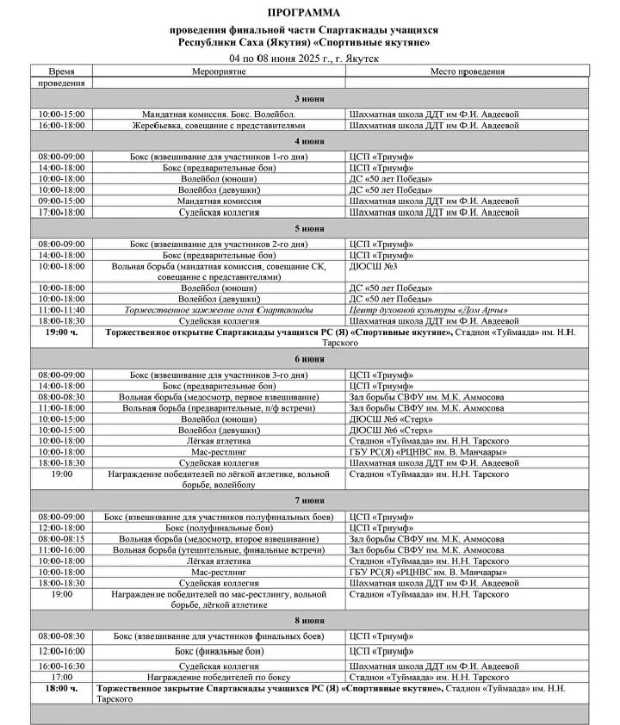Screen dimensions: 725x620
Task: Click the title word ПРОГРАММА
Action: coord(303,13)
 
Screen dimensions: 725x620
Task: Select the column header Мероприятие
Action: coord(219,71)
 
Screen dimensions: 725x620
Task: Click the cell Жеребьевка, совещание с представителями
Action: coord(219,125)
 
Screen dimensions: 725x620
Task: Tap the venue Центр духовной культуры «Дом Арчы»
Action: coord(428,310)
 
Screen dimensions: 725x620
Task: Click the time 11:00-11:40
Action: coord(61,310)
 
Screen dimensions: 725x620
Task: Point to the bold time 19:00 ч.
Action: coord(61,332)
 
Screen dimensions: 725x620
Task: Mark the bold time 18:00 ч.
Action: coord(61,689)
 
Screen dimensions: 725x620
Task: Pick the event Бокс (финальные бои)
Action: coord(219,651)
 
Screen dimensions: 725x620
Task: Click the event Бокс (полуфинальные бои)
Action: coord(219,527)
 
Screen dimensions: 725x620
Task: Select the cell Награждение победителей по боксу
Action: coord(219,677)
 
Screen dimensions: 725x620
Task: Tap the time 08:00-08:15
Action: coord(61,538)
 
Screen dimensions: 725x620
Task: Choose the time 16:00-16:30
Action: coord(61,666)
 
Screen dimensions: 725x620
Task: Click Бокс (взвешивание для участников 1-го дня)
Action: coord(219,157)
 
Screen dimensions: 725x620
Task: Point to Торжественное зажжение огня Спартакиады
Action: coord(219,310)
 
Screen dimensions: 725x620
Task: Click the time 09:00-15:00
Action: coord(61,201)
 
